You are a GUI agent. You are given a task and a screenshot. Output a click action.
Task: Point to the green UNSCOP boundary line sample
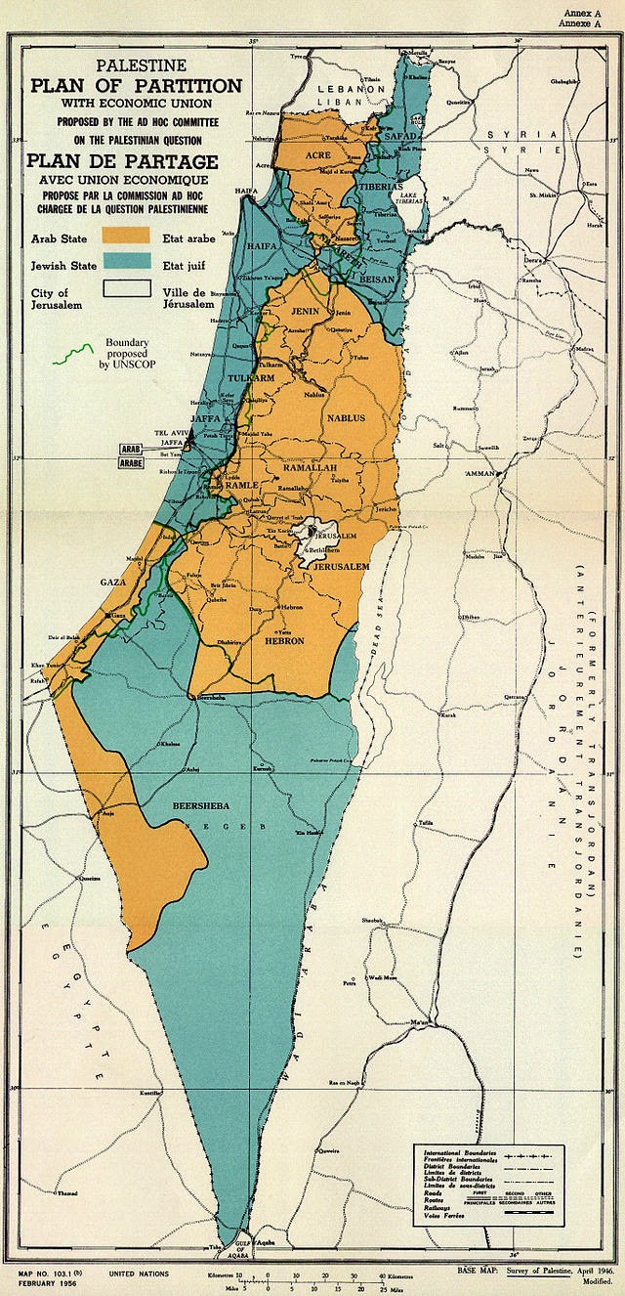point(71,353)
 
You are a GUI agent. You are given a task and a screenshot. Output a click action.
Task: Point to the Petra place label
point(348,984)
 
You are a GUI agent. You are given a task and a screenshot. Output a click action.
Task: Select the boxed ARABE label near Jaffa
point(131,464)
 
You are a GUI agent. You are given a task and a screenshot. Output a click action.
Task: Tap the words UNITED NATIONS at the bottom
point(138,1274)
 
